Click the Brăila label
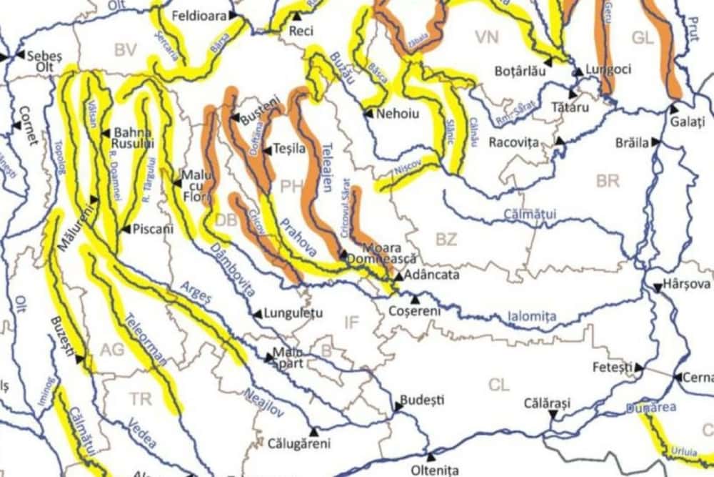tap(633, 143)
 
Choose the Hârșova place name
tap(687, 284)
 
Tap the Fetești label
tap(613, 368)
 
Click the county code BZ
tap(446, 240)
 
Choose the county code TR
tap(141, 398)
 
